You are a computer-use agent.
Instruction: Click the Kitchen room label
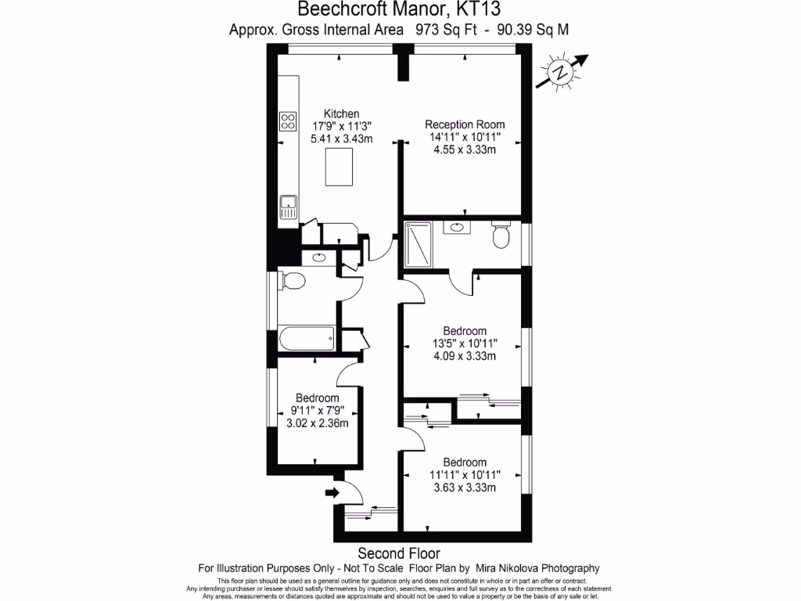(x=342, y=113)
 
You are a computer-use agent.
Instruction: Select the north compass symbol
(x=561, y=72)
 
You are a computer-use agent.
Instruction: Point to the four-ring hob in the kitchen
(x=288, y=121)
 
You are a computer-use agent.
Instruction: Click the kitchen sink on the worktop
(x=288, y=206)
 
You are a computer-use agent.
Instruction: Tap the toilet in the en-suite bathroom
(x=500, y=235)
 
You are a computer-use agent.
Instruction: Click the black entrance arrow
(x=332, y=492)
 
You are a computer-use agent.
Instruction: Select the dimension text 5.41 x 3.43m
(x=342, y=139)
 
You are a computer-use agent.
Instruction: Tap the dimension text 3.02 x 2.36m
(x=318, y=423)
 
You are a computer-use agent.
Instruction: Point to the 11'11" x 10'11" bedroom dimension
(x=465, y=475)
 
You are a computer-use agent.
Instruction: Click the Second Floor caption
(x=400, y=552)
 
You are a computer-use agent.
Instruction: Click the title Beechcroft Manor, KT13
(x=400, y=9)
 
